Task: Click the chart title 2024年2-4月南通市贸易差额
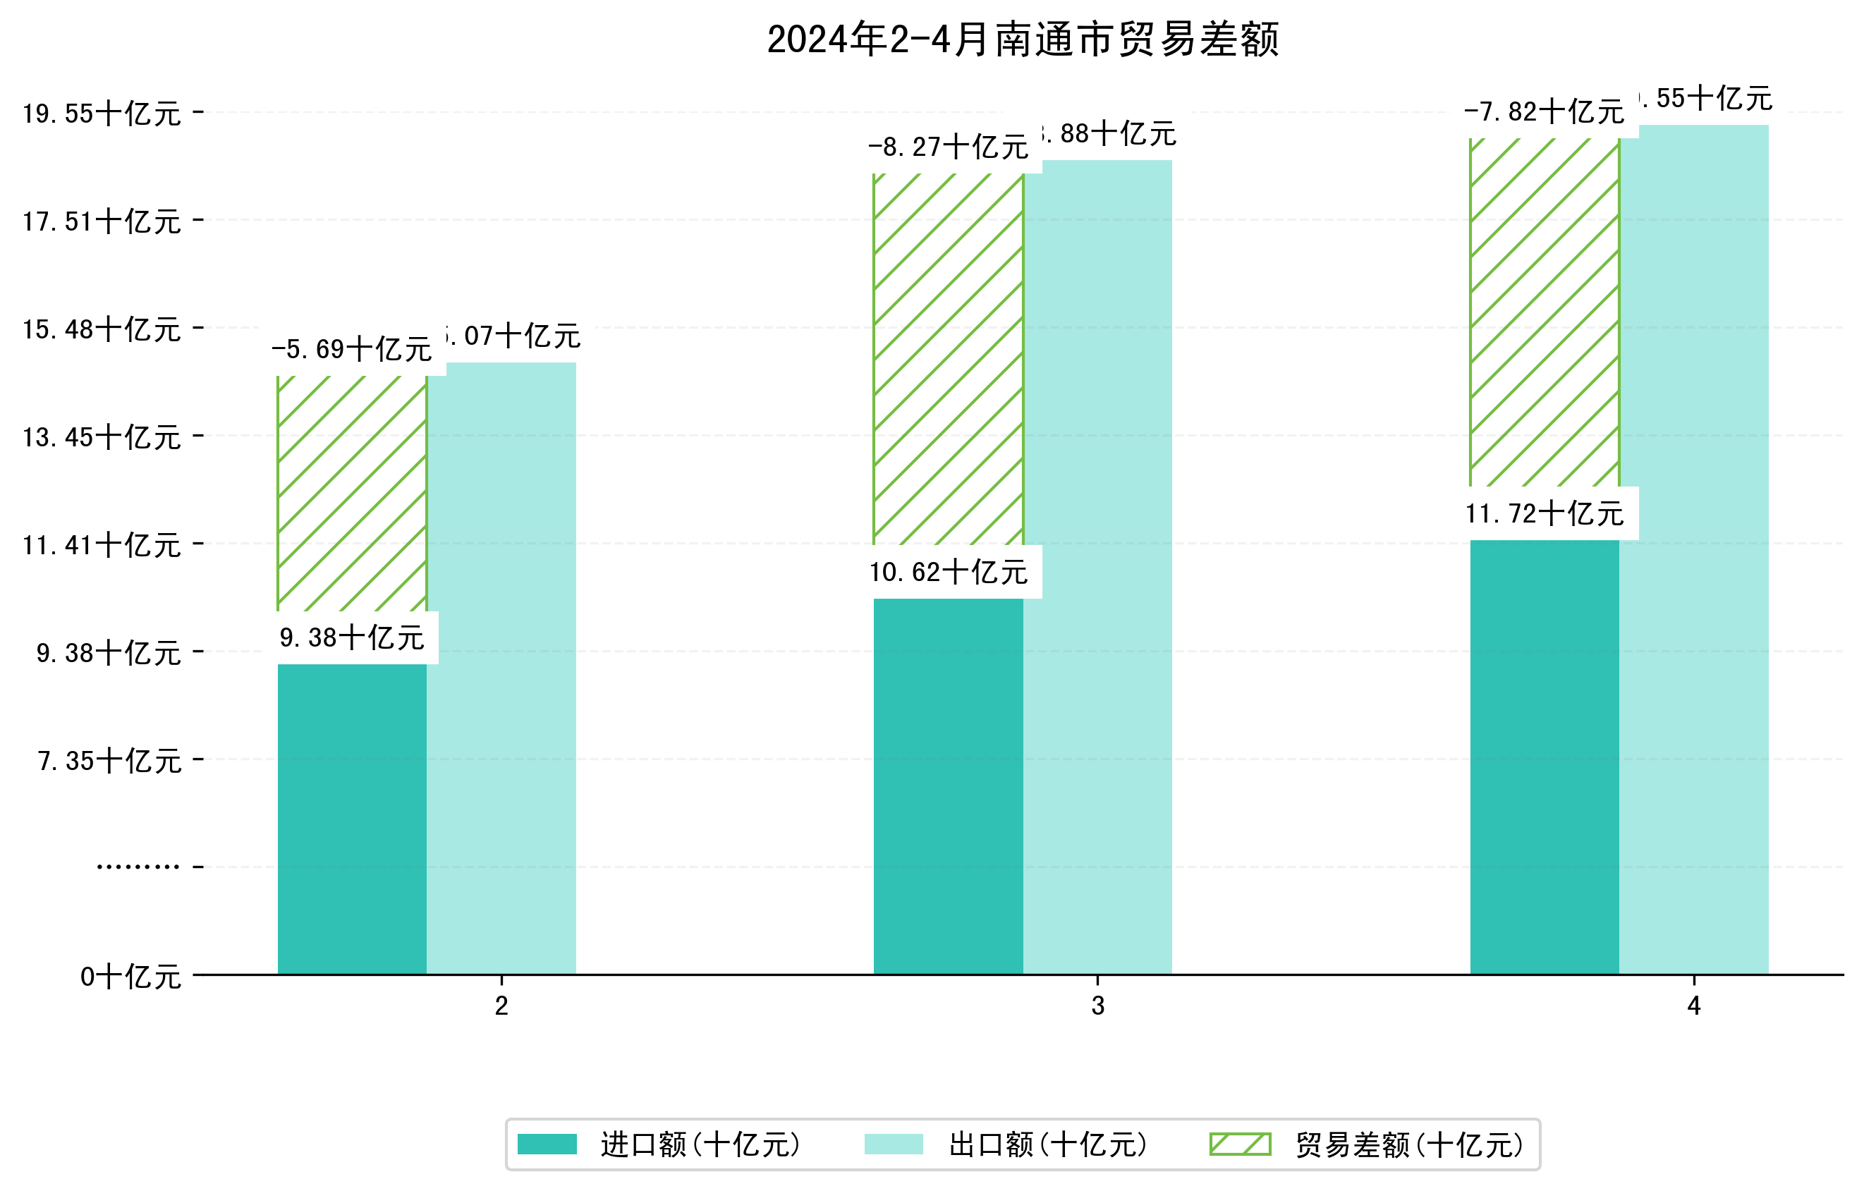click(1022, 39)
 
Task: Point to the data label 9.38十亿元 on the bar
click(352, 637)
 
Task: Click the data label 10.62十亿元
click(949, 572)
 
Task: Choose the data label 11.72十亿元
click(1545, 513)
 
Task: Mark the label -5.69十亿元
click(351, 349)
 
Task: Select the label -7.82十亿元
click(1545, 111)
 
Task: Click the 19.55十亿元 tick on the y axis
click(102, 114)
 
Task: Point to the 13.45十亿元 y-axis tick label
click(102, 437)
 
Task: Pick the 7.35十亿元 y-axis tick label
click(109, 761)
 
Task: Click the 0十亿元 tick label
click(130, 977)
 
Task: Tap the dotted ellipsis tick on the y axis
click(138, 867)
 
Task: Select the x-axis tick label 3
click(1097, 1006)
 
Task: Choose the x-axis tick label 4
click(1694, 1006)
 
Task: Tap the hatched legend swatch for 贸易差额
click(1240, 1144)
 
